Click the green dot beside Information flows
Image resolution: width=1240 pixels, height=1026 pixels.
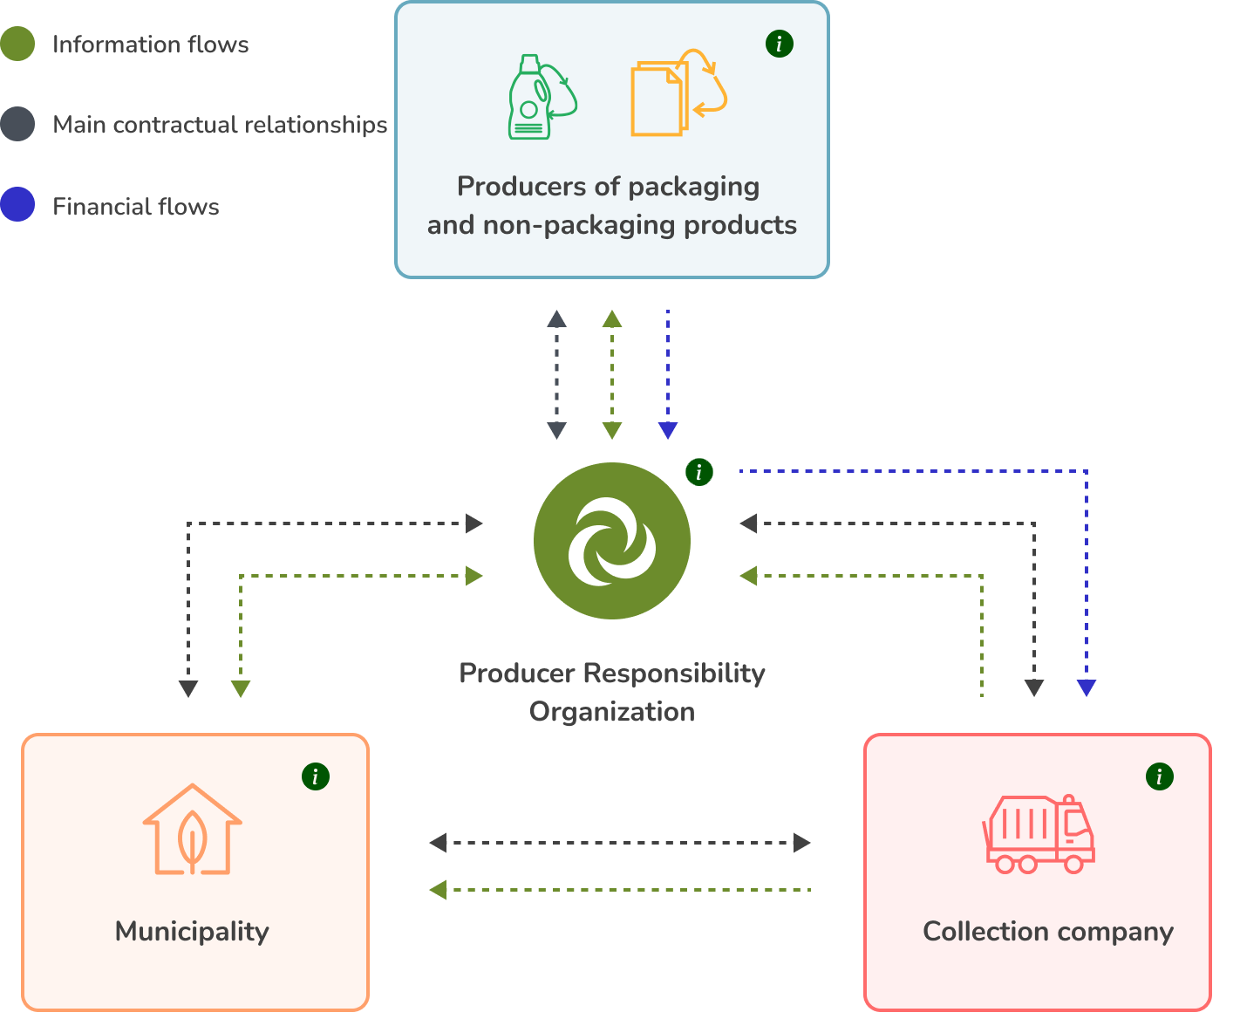point(17,44)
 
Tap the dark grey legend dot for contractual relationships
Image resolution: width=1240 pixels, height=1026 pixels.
point(17,124)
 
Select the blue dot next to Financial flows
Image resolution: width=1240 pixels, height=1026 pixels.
point(17,204)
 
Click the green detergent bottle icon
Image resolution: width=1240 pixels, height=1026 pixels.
point(542,97)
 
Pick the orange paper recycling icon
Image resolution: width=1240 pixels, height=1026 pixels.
point(678,92)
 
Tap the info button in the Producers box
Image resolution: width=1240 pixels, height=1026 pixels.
point(780,44)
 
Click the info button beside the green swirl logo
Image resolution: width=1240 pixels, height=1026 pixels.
point(699,472)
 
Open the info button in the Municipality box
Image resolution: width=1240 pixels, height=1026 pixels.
point(316,776)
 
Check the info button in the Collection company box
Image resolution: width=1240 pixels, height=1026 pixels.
point(1159,776)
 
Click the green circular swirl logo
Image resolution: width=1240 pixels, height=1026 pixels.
point(611,541)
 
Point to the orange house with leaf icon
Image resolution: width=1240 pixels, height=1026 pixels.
point(192,830)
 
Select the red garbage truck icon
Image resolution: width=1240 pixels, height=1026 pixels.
point(1039,834)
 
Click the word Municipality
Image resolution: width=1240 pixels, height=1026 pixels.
point(192,932)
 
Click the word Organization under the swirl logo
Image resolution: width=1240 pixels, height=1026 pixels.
point(611,712)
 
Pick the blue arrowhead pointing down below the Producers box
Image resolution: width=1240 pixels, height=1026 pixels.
point(667,430)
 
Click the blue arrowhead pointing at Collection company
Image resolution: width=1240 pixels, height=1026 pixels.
point(1087,687)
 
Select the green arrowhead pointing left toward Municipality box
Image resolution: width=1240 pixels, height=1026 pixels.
point(439,890)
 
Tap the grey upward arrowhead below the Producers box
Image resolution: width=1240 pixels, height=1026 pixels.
point(556,319)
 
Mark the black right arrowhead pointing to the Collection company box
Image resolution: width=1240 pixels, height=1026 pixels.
point(802,843)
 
